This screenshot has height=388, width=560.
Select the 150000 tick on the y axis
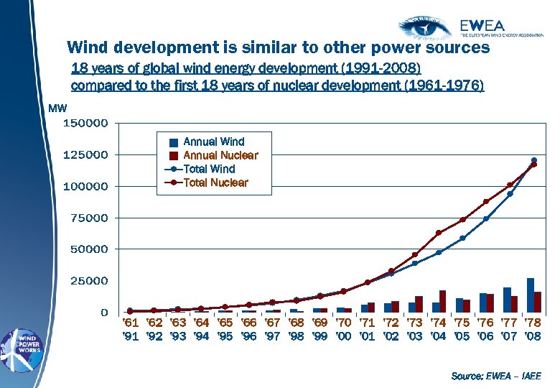[86, 123]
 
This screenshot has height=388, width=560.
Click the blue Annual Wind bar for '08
[530, 295]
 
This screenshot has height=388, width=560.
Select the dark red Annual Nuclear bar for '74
[443, 301]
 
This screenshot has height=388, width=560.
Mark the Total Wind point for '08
[533, 160]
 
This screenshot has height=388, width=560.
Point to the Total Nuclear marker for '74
[439, 233]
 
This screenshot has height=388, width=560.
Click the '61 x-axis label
[131, 323]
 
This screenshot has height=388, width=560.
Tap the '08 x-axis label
[533, 336]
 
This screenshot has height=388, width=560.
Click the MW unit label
[57, 108]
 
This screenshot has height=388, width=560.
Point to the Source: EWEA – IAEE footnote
[495, 375]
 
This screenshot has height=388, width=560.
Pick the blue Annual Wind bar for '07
[507, 300]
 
